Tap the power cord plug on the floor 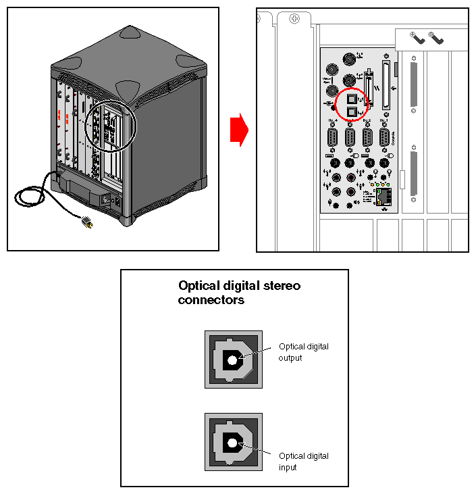[86, 221]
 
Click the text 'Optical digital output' [303, 352]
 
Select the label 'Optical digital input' [303, 462]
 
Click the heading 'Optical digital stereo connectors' [239, 293]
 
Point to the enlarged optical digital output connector [234, 360]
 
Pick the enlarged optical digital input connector [234, 443]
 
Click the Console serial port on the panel [384, 139]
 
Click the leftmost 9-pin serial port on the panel [332, 139]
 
